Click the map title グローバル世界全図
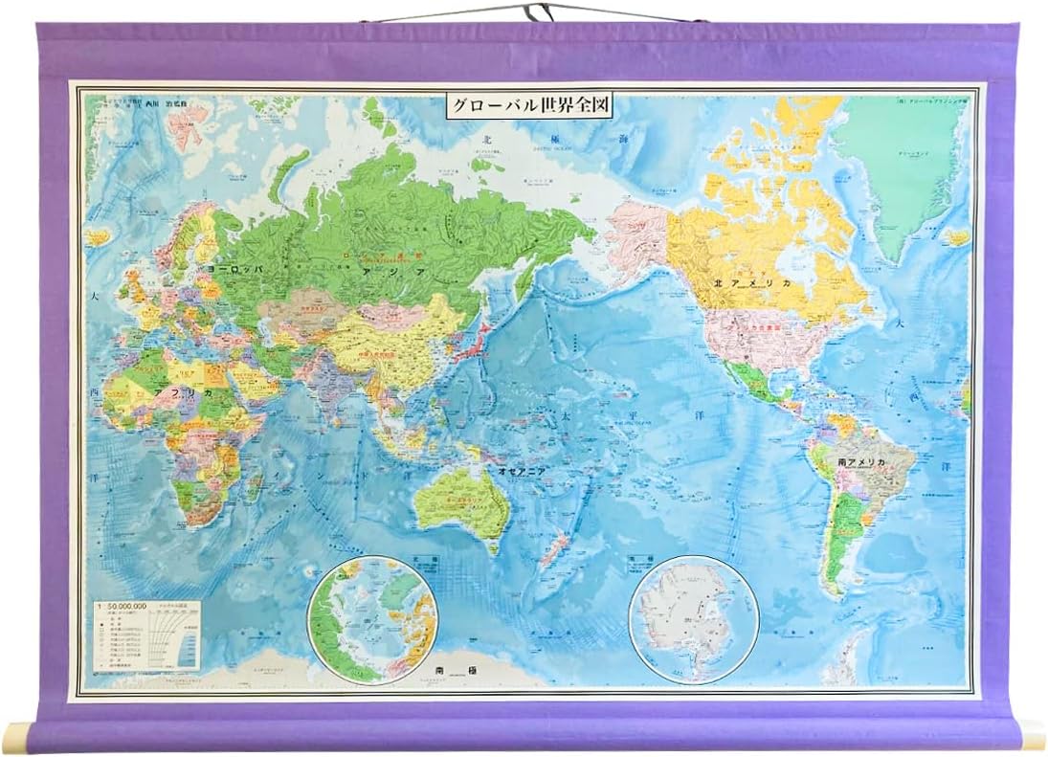pyautogui.click(x=529, y=105)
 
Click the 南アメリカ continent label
pyautogui.click(x=861, y=462)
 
